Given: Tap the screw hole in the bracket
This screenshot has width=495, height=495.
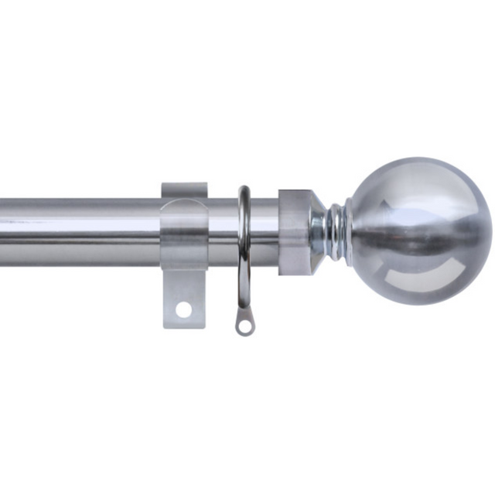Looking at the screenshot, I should point(183,309).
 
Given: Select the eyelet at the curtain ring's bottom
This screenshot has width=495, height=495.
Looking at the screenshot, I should point(244,326).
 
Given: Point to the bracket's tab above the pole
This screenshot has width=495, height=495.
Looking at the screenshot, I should point(184,190).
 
